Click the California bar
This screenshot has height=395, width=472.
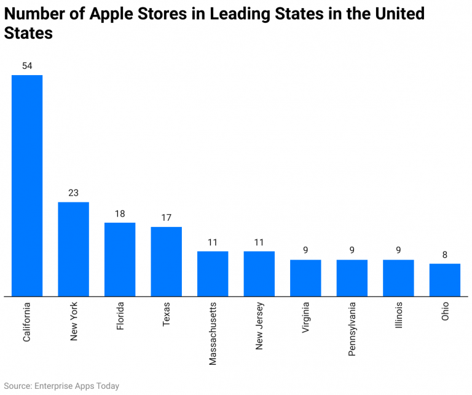[27, 185]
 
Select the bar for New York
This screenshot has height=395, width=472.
[73, 249]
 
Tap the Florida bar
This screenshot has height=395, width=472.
[120, 259]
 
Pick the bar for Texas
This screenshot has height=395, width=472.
[166, 261]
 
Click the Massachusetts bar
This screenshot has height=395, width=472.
[213, 273]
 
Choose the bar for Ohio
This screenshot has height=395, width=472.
[444, 279]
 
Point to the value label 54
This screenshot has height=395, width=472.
[27, 66]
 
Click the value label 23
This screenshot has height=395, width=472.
[73, 193]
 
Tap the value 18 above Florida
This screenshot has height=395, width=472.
[120, 213]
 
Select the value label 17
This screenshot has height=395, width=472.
[166, 218]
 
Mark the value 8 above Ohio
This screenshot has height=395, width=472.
[444, 255]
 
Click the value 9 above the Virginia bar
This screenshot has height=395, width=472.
[305, 250]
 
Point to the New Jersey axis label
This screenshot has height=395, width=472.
[259, 325]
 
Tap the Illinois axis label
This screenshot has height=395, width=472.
[398, 316]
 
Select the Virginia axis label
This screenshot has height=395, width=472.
[305, 317]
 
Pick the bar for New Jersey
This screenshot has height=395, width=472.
[259, 273]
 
